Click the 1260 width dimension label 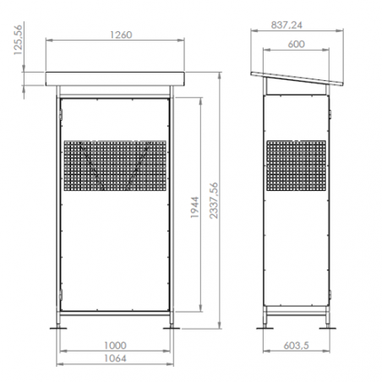(x=121, y=35)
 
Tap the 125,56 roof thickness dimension (x=18, y=40)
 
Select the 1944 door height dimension (x=194, y=207)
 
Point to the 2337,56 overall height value (x=214, y=200)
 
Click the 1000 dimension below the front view (x=115, y=346)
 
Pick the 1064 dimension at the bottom (x=115, y=358)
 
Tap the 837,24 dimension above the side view (x=286, y=25)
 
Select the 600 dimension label (x=296, y=44)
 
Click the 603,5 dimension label (x=296, y=346)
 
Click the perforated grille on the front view (x=115, y=166)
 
